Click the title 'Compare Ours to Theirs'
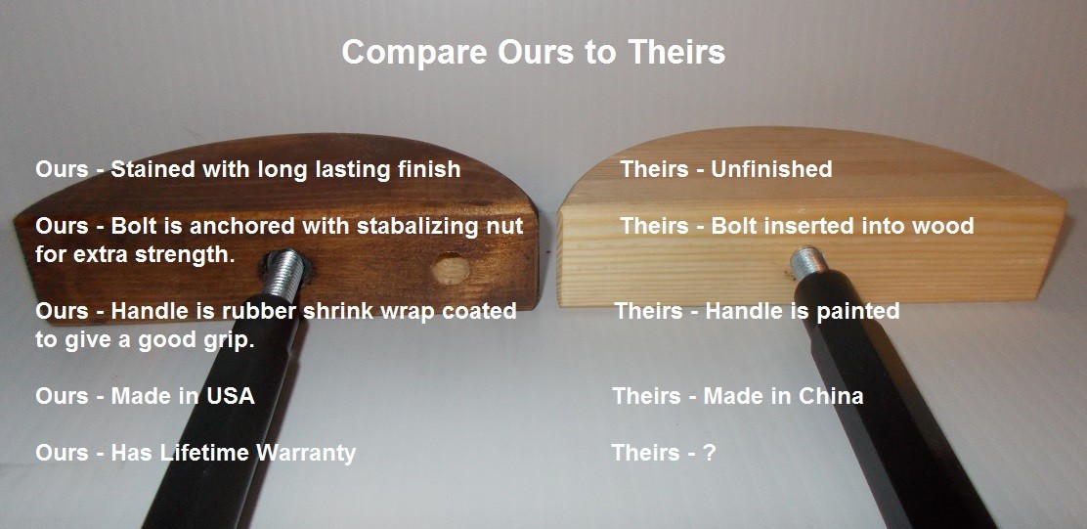(533, 53)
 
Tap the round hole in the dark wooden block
(450, 269)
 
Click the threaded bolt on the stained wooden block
(283, 275)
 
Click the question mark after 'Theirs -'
(709, 453)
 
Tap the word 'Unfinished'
(772, 168)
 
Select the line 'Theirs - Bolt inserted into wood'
(798, 226)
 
